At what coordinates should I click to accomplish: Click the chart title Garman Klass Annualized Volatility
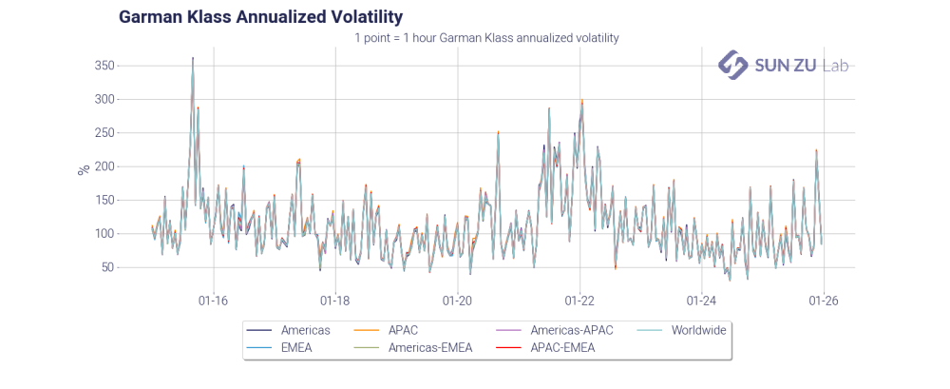[x=260, y=17]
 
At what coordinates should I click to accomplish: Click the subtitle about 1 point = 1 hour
[x=486, y=38]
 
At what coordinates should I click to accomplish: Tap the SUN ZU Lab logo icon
[x=731, y=65]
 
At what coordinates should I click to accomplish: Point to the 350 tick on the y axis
[x=104, y=66]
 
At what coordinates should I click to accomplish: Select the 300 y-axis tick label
[x=104, y=99]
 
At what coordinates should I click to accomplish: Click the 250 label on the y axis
[x=104, y=132]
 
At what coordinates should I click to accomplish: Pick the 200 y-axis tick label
[x=104, y=166]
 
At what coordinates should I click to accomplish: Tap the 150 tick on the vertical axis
[x=104, y=200]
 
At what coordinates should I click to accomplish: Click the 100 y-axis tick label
[x=104, y=233]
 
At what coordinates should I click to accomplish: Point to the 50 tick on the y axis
[x=108, y=267]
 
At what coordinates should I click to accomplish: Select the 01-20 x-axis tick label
[x=458, y=301]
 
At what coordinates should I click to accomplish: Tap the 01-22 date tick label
[x=579, y=301]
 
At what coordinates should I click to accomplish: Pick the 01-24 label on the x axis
[x=701, y=301]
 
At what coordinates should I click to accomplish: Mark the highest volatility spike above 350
[x=193, y=58]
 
